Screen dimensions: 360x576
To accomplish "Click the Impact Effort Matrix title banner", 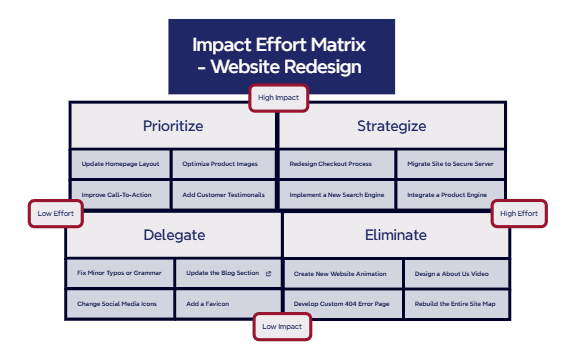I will (x=281, y=56).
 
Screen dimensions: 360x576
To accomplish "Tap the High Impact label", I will (x=279, y=98).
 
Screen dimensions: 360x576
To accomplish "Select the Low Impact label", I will (x=281, y=327).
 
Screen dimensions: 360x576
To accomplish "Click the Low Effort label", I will (x=56, y=214).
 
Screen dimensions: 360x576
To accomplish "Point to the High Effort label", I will (x=519, y=214).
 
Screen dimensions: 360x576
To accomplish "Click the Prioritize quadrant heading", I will (x=173, y=126).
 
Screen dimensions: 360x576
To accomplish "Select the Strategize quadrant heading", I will (x=391, y=126).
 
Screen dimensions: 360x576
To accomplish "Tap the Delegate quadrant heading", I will (x=174, y=236).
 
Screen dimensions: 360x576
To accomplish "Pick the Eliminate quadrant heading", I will (x=396, y=236).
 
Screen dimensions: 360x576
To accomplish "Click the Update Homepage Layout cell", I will (x=120, y=164).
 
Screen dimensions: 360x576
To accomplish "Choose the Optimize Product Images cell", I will (x=224, y=164).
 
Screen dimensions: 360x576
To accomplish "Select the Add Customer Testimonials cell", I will (x=224, y=194).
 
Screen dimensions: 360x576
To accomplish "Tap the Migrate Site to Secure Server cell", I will (x=449, y=164).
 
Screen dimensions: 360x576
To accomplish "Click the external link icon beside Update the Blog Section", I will (x=267, y=272).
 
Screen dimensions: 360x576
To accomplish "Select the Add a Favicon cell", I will (x=227, y=302).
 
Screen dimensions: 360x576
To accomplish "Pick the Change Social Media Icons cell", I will (x=120, y=302).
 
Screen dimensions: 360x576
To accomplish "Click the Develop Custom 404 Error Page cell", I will (x=342, y=302).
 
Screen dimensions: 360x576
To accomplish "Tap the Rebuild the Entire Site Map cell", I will (x=455, y=302).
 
